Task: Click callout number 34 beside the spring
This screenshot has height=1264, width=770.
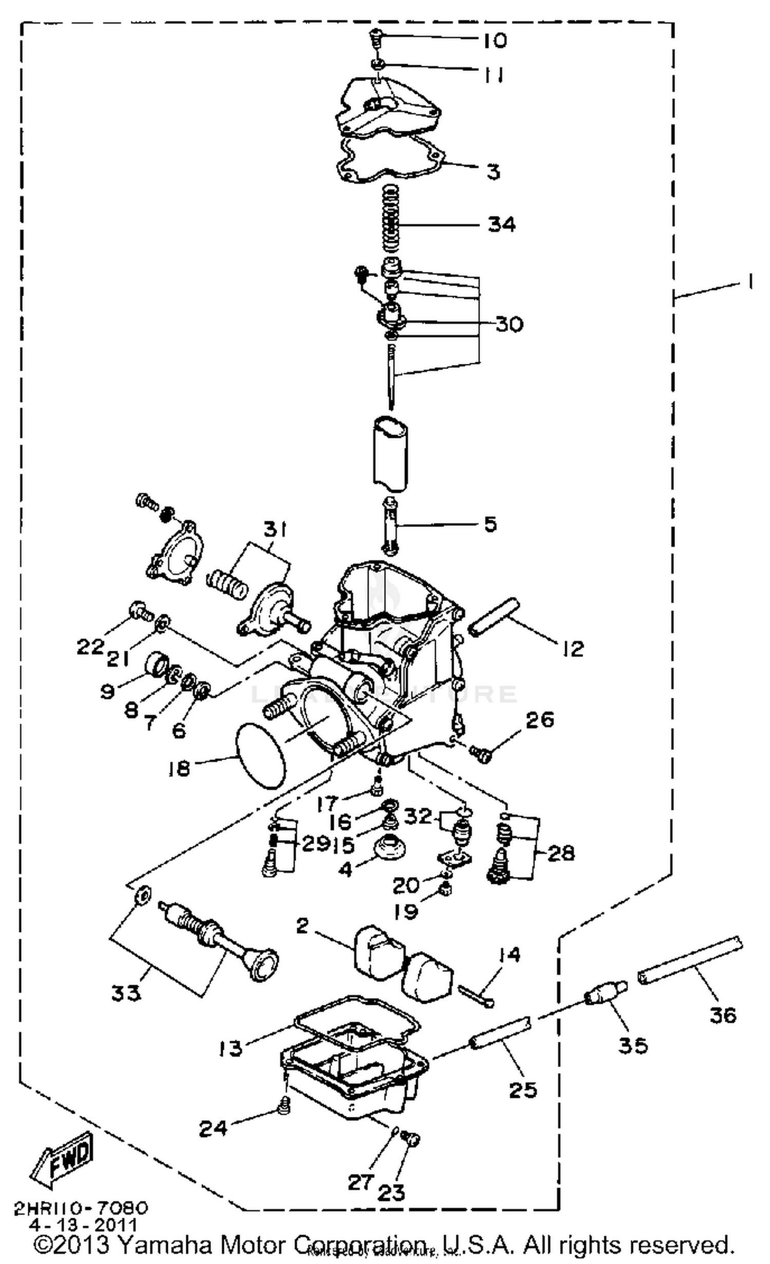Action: tap(501, 224)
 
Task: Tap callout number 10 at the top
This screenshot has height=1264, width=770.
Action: tap(494, 40)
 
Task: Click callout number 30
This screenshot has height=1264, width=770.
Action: tap(509, 324)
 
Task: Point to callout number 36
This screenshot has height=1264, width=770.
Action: tap(723, 1015)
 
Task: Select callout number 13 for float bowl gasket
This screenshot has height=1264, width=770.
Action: tap(230, 1048)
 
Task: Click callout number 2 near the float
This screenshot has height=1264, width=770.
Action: tap(302, 926)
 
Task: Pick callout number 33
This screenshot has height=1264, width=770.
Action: tap(126, 993)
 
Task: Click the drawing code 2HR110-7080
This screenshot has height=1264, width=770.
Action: tap(81, 1208)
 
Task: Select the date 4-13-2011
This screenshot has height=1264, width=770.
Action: tap(83, 1226)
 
